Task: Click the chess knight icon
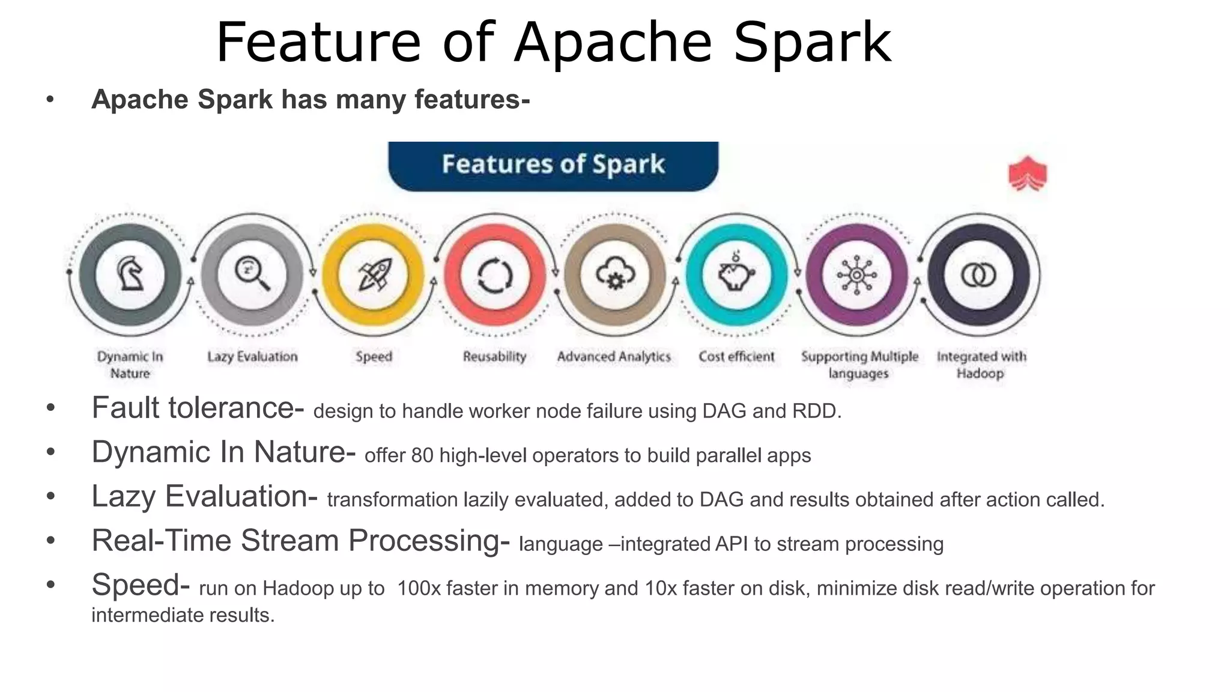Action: click(130, 275)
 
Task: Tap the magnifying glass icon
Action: click(252, 275)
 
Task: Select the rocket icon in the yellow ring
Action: click(374, 275)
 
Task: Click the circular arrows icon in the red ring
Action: click(495, 276)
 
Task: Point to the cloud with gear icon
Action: click(615, 275)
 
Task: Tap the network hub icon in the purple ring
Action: click(857, 275)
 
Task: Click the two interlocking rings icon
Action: click(978, 275)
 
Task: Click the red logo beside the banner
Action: click(1028, 174)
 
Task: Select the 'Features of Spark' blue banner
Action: click(553, 165)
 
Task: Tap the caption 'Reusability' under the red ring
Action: click(494, 356)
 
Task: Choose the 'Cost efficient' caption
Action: click(736, 356)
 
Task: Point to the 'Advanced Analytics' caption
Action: click(614, 356)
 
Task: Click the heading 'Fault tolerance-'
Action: click(198, 408)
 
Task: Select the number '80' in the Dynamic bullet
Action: click(422, 456)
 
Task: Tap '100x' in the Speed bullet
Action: click(419, 589)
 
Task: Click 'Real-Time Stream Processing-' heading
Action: click(300, 541)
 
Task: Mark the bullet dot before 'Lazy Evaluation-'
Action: click(51, 497)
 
